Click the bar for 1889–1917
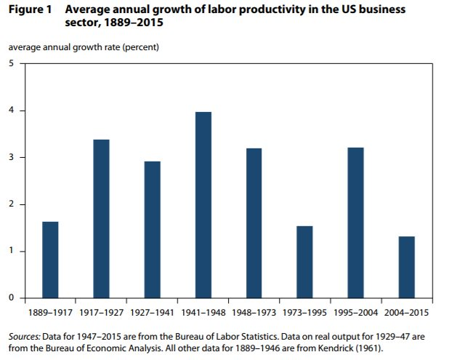point(50,260)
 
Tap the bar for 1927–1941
point(152,229)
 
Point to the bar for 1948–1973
point(254,223)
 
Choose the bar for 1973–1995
point(304,262)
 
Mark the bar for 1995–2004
point(355,223)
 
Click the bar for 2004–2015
point(406,267)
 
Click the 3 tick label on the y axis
point(11,157)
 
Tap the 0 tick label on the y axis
point(11,297)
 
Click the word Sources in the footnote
point(25,337)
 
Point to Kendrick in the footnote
point(340,348)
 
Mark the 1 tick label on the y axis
point(11,251)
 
